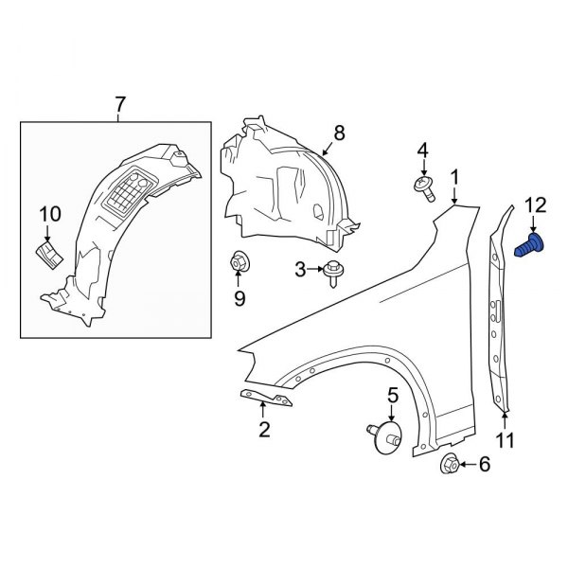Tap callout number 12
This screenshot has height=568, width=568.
tap(535, 204)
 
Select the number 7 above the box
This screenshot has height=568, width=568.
tap(118, 106)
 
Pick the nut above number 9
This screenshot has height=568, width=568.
tap(240, 262)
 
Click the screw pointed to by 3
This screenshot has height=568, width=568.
tap(333, 272)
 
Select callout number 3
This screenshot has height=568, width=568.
tap(301, 270)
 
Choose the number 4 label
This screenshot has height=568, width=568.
tap(422, 150)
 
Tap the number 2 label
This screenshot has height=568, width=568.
tap(265, 431)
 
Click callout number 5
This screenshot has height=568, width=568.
tap(391, 395)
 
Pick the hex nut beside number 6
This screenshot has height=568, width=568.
tap(451, 464)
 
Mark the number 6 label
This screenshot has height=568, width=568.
tap(485, 464)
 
